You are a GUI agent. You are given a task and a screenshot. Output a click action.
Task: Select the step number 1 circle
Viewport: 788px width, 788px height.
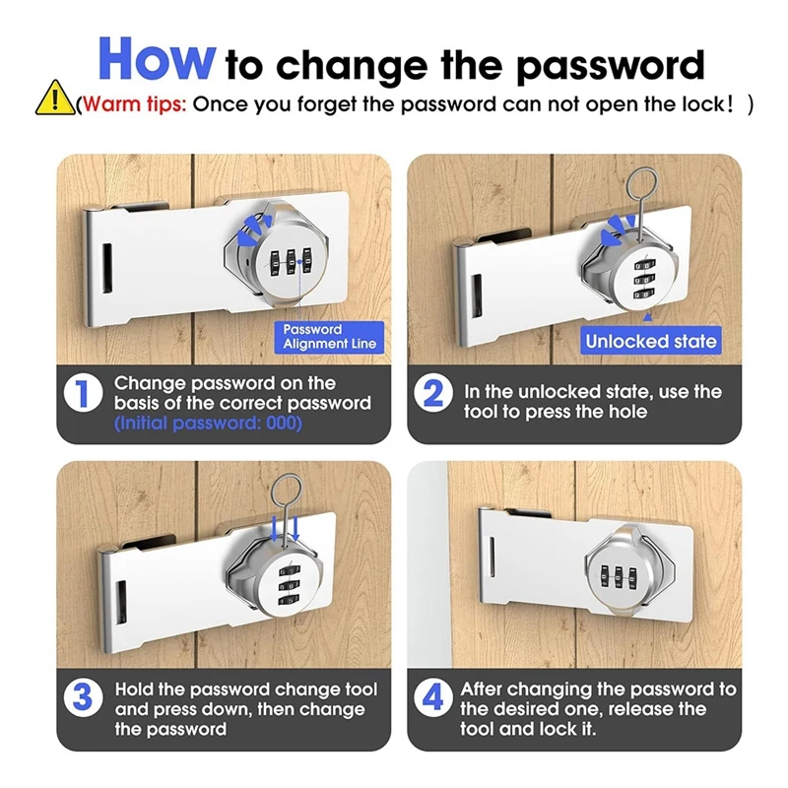tap(83, 393)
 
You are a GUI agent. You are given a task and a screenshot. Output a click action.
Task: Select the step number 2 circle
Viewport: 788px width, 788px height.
tap(434, 393)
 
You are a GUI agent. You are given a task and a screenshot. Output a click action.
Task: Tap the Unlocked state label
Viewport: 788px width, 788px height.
tap(650, 342)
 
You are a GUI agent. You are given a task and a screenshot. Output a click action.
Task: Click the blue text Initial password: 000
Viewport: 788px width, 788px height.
tap(208, 423)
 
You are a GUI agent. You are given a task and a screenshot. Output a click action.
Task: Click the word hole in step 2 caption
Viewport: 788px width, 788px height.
tap(626, 412)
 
